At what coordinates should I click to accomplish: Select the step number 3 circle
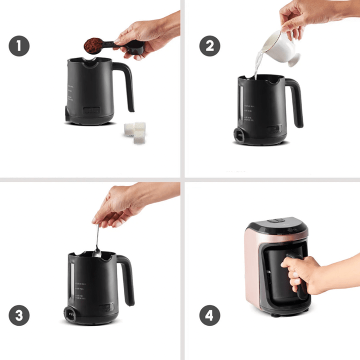tap(18, 315)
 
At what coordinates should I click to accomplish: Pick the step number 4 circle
tap(210, 315)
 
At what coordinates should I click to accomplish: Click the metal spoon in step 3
tap(97, 242)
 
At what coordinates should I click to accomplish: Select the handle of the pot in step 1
tap(127, 85)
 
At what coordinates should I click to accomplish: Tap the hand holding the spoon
tap(120, 202)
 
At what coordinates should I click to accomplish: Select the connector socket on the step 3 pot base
tap(68, 315)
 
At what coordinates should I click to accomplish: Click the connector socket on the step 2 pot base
tap(239, 135)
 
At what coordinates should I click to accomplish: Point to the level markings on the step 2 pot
tap(250, 112)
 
